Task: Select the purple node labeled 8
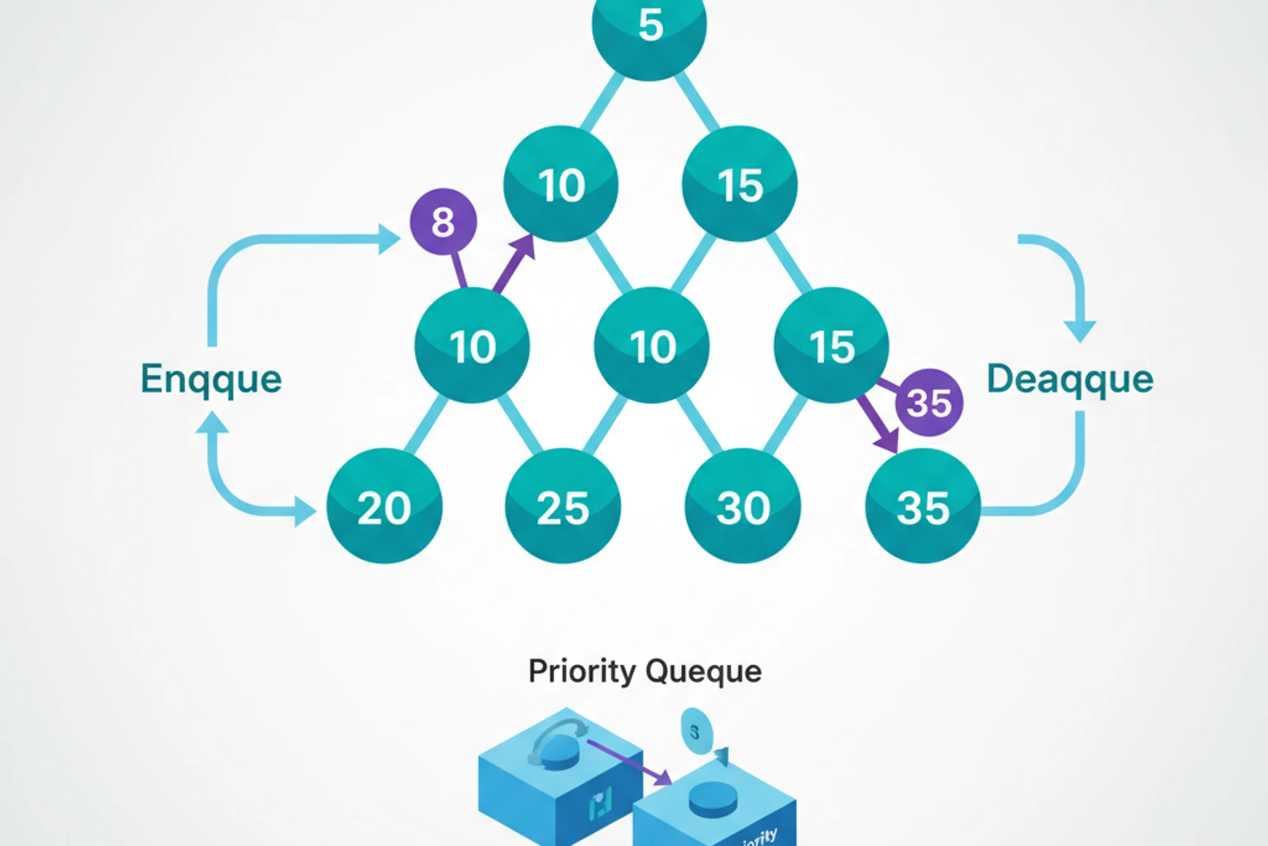443,221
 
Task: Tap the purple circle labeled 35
930,402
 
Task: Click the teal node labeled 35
922,506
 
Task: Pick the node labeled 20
384,506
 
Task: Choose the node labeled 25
563,506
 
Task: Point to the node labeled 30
742,506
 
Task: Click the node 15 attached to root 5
740,184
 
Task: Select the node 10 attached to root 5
561,184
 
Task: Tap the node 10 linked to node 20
472,345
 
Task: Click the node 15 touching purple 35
831,345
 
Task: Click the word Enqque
211,379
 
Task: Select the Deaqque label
1070,379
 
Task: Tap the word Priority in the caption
580,671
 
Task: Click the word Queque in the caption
703,671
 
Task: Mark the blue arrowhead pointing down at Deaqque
1080,330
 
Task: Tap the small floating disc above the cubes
696,731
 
